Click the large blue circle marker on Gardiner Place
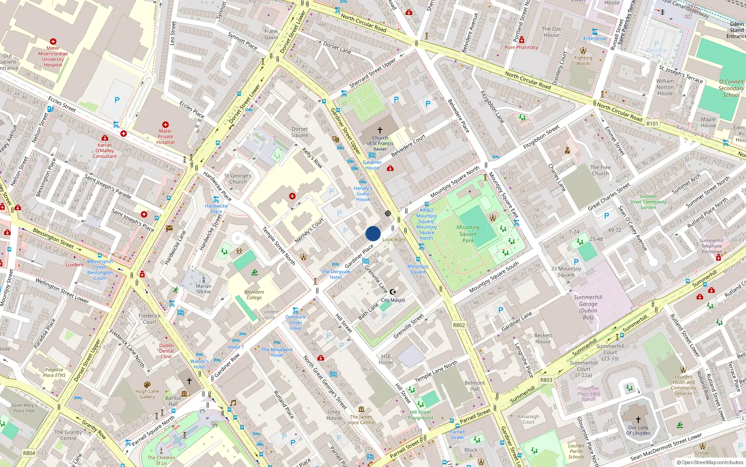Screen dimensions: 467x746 373,233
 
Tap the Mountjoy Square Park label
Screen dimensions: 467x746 468,234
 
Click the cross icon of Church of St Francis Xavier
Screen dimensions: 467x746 380,130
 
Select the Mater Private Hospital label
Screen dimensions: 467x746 166,137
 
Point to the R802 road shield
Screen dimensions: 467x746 459,325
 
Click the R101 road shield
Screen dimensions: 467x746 652,124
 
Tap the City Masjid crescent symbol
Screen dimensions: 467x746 393,292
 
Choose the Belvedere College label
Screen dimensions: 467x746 254,295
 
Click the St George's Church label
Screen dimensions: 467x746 238,179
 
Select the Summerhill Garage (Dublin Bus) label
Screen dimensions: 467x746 588,307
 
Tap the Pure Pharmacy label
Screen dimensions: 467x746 521,47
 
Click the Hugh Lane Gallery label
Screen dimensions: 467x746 147,394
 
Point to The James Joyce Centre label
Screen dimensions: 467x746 361,419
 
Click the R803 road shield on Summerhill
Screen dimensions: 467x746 546,380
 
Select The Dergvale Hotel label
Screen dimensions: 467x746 336,274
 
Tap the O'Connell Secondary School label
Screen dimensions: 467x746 731,88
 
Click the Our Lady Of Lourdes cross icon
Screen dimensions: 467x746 638,420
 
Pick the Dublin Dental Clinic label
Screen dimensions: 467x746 166,351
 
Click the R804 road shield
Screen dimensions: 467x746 29,453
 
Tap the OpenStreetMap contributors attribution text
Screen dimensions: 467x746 710,462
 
